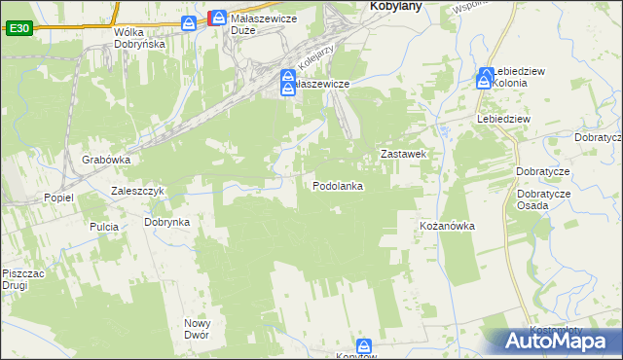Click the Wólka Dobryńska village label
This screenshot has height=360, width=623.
pyautogui.click(x=139, y=38)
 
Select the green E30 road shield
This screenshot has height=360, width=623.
pyautogui.click(x=18, y=29)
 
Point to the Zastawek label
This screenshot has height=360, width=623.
pyautogui.click(x=405, y=154)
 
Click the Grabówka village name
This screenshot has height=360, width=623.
pyautogui.click(x=106, y=160)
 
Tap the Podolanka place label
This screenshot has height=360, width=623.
pyautogui.click(x=338, y=186)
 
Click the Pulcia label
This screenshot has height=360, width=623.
pyautogui.click(x=104, y=227)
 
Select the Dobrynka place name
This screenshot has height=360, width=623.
pyautogui.click(x=166, y=222)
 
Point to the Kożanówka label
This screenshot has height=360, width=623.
pyautogui.click(x=447, y=226)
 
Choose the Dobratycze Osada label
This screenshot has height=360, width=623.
pyautogui.click(x=544, y=199)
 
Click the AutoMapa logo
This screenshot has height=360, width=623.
pyautogui.click(x=554, y=341)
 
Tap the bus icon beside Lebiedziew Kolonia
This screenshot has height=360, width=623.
pyautogui.click(x=484, y=77)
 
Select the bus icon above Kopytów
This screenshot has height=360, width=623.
pyautogui.click(x=364, y=345)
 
